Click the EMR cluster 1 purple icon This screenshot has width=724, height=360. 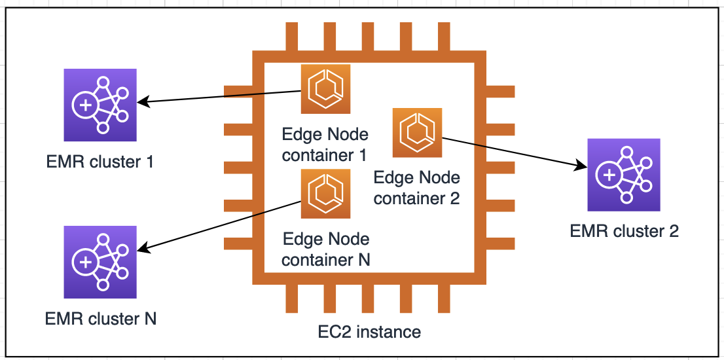[100, 105]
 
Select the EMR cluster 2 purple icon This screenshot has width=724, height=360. [624, 175]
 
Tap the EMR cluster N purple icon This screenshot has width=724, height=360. [100, 262]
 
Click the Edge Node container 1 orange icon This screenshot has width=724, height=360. [325, 88]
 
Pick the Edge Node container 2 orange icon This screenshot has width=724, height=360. [418, 132]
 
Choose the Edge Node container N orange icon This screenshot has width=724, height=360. [325, 194]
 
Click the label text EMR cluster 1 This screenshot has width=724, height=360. [100, 162]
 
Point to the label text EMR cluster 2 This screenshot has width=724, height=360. [624, 231]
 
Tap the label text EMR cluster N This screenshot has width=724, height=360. [101, 319]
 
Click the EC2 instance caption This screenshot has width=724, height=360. [369, 332]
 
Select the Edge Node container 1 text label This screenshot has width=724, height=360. [325, 145]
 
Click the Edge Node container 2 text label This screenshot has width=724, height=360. [417, 189]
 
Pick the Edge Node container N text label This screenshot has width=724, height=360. [326, 249]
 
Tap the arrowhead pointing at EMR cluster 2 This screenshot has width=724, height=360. [580, 165]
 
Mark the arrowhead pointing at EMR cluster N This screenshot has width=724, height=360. [144, 249]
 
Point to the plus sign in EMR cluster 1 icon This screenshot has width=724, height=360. [85, 105]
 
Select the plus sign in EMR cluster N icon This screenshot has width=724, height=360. [85, 262]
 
